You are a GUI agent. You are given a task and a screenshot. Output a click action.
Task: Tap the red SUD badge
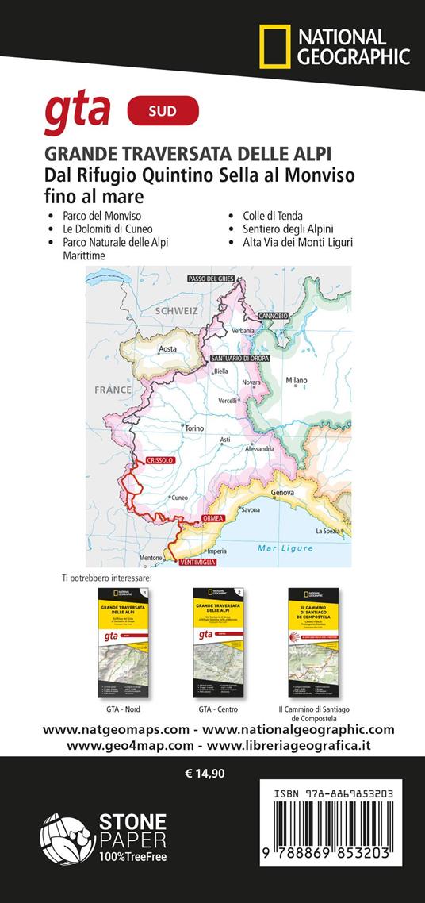tap(163, 111)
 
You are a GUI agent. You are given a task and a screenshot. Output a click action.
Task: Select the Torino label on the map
tap(193, 428)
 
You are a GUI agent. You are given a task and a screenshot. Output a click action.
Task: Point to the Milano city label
tap(297, 381)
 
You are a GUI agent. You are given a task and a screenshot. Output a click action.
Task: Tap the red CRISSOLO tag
tap(159, 460)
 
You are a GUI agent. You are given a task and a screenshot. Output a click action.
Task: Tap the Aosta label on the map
tap(167, 349)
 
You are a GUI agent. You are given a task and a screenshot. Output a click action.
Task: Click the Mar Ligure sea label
tap(285, 548)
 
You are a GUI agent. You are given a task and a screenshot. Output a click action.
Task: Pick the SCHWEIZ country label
tap(176, 312)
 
